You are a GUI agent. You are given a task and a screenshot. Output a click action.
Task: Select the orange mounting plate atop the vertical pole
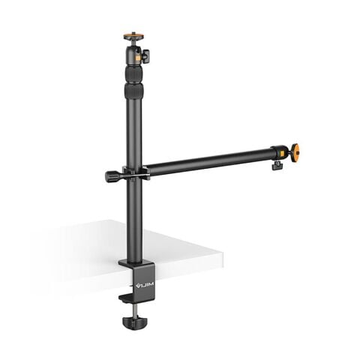tap(133, 36)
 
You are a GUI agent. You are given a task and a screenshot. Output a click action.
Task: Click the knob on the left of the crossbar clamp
tap(112, 176)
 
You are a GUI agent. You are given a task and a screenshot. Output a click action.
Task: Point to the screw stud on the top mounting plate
tap(133, 32)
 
